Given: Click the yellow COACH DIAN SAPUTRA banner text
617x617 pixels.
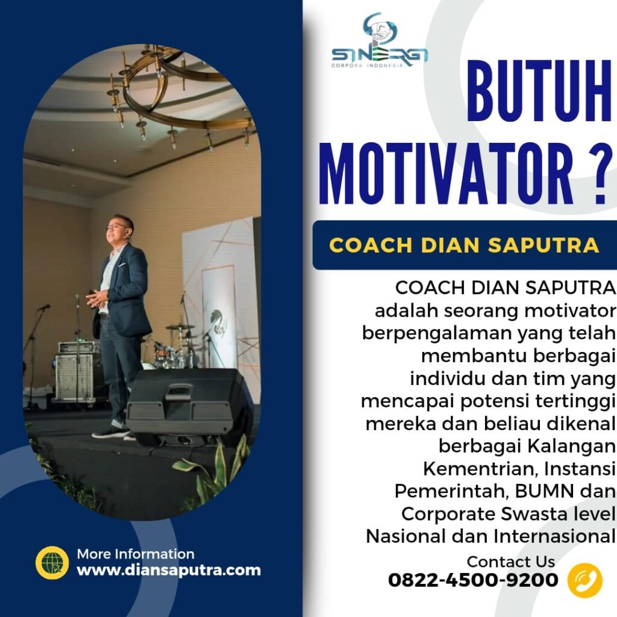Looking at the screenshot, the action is pyautogui.click(x=465, y=245).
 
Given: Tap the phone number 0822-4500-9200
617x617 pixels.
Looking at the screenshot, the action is pyautogui.click(x=473, y=580).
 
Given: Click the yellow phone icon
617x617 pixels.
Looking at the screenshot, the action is pyautogui.click(x=584, y=580).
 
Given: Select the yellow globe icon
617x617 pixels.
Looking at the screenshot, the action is pyautogui.click(x=52, y=563).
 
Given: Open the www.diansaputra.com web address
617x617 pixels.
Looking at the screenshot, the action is pyautogui.click(x=169, y=570).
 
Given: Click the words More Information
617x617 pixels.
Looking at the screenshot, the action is pyautogui.click(x=136, y=554).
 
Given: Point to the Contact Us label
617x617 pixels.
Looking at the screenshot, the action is pyautogui.click(x=511, y=562).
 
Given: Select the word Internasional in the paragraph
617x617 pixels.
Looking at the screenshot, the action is pyautogui.click(x=555, y=536).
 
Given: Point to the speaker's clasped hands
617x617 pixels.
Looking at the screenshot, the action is pyautogui.click(x=97, y=298).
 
